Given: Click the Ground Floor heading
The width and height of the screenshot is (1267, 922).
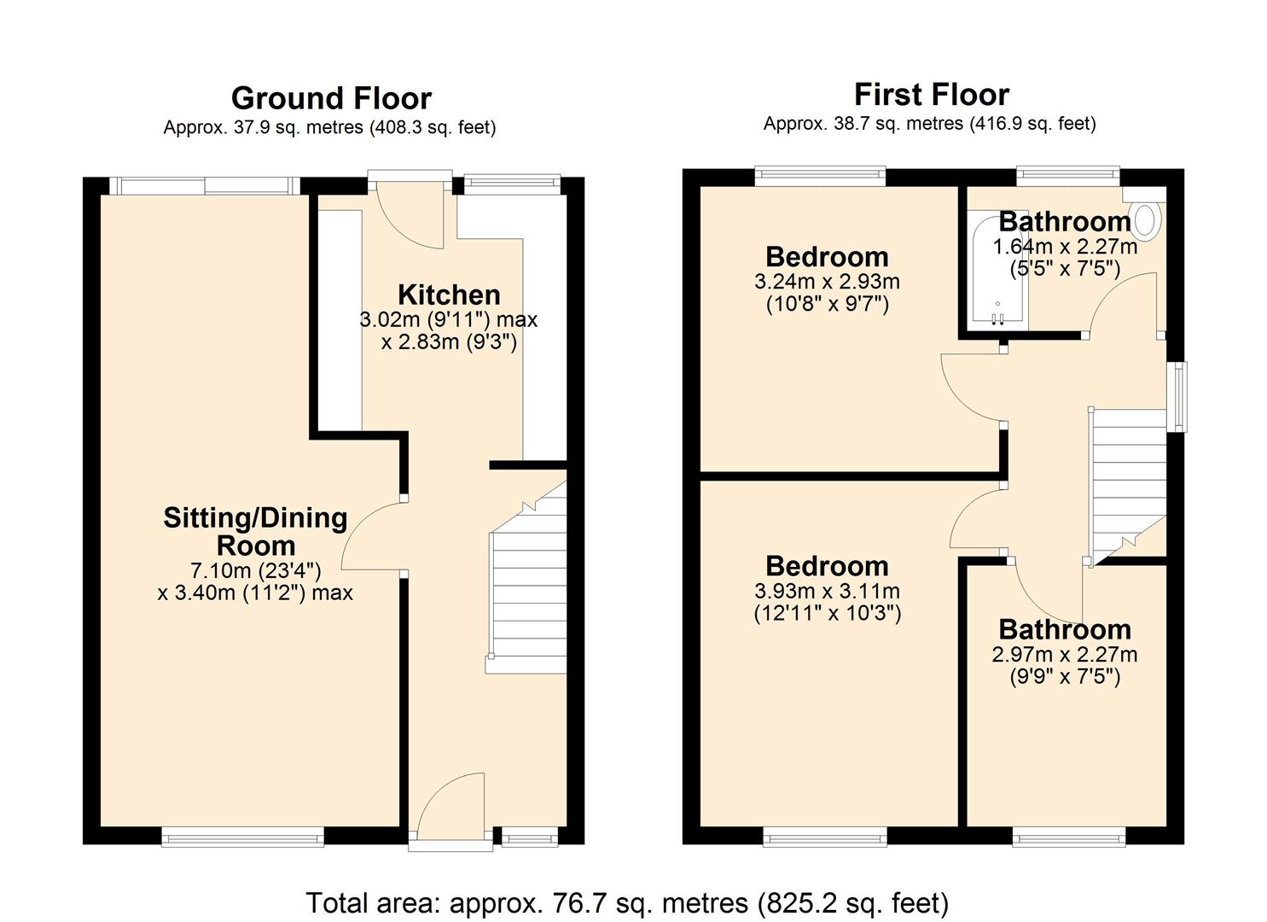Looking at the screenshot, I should click(x=331, y=98).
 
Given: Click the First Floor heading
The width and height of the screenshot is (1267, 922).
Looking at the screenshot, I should click(x=931, y=94).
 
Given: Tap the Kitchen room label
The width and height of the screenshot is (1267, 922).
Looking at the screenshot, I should click(x=449, y=295).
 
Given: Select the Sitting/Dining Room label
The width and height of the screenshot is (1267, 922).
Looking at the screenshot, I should click(x=255, y=531).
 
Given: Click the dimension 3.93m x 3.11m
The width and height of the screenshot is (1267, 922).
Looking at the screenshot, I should click(x=827, y=591).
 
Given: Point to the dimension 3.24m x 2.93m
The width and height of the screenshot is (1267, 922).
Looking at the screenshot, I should click(x=827, y=282).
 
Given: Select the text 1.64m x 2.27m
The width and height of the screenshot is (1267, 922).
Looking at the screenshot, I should click(x=1064, y=247).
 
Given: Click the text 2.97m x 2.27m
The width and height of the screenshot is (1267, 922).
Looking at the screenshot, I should click(x=1064, y=655).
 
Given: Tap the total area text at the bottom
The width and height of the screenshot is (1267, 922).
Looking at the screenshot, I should click(x=627, y=902).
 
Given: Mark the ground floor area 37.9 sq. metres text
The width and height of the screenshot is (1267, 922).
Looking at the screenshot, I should click(x=329, y=128).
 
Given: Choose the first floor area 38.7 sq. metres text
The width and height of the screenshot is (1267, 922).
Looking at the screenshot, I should click(x=929, y=124).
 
